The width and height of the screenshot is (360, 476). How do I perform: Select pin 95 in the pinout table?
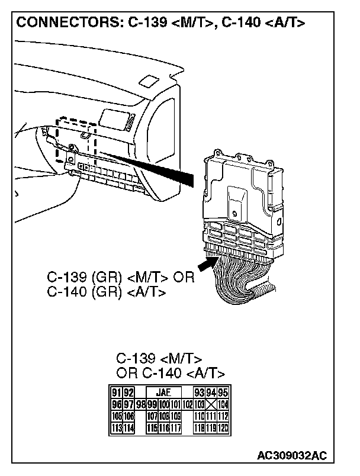223,392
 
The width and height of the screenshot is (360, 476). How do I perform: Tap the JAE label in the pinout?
162,392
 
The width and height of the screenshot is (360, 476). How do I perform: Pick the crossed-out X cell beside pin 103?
211,404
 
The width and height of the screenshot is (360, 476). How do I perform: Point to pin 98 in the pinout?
140,404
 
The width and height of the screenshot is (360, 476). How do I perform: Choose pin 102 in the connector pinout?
188,404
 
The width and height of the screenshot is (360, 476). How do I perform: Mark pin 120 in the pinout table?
223,427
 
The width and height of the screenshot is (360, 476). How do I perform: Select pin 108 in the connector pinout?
164,416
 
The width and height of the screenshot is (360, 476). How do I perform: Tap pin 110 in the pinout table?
200,416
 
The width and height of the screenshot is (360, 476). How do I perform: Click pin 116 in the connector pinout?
164,427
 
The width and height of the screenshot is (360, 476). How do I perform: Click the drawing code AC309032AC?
292,456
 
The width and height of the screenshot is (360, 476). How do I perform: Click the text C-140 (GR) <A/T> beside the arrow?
107,292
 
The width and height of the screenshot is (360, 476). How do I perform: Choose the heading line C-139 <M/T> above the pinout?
159,359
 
